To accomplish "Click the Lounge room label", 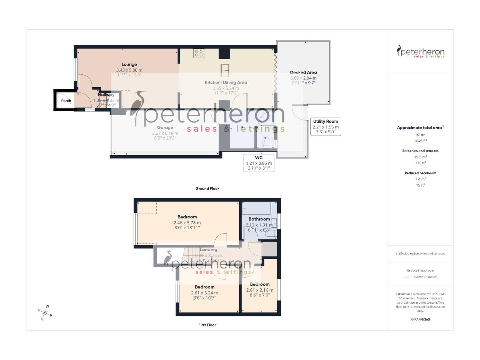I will point(129,64).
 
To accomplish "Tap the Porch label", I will point(66,101).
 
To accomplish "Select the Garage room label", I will point(165,128).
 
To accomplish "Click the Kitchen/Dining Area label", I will point(226,82).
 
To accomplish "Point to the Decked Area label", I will point(303,72).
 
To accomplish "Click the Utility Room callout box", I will point(325,126).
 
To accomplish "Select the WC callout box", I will point(259,163).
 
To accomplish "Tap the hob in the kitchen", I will point(199,53).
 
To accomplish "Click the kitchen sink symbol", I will point(225,70).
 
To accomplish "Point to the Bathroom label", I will point(259,219).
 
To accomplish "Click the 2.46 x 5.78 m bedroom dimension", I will point(187,223).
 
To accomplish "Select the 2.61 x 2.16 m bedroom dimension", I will point(260,290).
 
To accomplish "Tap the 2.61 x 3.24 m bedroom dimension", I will point(204,292).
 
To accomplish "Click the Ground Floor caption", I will point(207,188).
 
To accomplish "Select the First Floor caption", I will point(207,325).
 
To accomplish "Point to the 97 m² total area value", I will point(420,135).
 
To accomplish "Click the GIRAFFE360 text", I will point(420,320).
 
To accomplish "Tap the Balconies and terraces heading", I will point(420,151).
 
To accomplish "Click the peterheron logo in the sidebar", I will point(420,52).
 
